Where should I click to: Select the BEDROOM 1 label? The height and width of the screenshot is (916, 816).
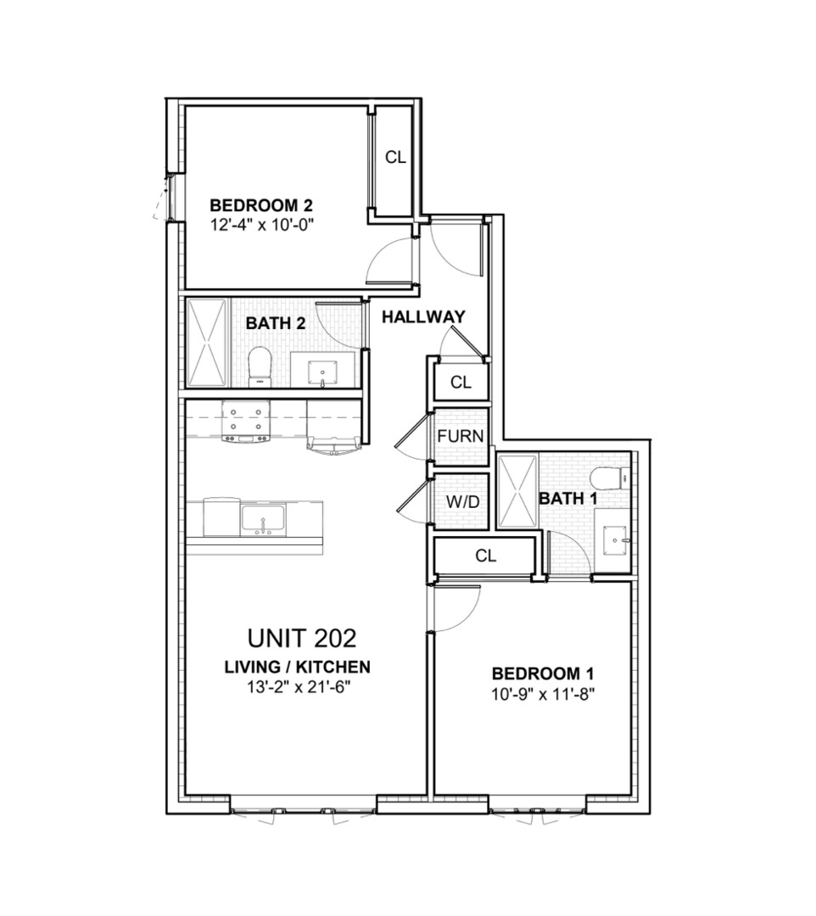542,674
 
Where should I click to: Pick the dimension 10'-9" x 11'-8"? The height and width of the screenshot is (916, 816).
542,693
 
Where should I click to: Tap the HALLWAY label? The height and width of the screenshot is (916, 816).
423,317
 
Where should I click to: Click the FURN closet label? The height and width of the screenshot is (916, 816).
461,437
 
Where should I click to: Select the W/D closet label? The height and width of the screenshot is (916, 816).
463,501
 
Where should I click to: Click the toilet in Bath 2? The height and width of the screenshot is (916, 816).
259,366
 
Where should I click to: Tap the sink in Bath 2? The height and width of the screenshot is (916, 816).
323,371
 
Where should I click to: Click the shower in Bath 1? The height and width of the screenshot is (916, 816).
517,493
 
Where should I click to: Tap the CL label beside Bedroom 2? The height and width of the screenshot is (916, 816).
395,157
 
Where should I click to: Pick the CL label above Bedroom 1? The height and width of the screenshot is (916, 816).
485,556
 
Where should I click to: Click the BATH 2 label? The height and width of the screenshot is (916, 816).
276,323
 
